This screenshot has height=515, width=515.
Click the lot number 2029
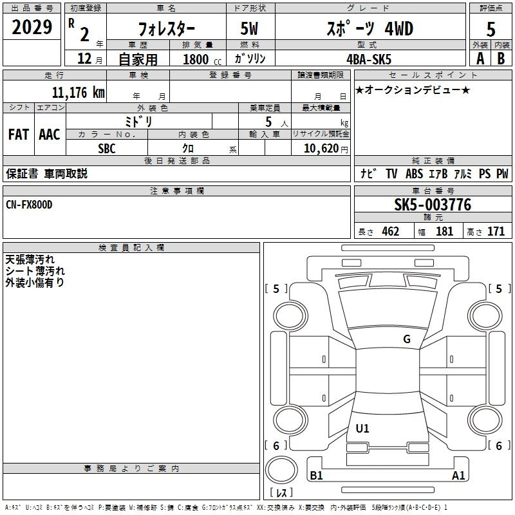[32, 27]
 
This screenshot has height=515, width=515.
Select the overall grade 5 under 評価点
[491, 29]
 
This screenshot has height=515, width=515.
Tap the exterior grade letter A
[480, 59]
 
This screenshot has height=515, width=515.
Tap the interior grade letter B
[501, 59]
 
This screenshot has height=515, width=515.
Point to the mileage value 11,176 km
[78, 93]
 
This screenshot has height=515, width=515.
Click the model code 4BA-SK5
[369, 59]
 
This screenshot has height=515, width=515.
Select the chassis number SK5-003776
[433, 205]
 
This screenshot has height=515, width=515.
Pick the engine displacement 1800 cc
[202, 59]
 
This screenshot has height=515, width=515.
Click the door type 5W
[249, 28]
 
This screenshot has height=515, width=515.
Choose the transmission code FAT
[19, 135]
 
